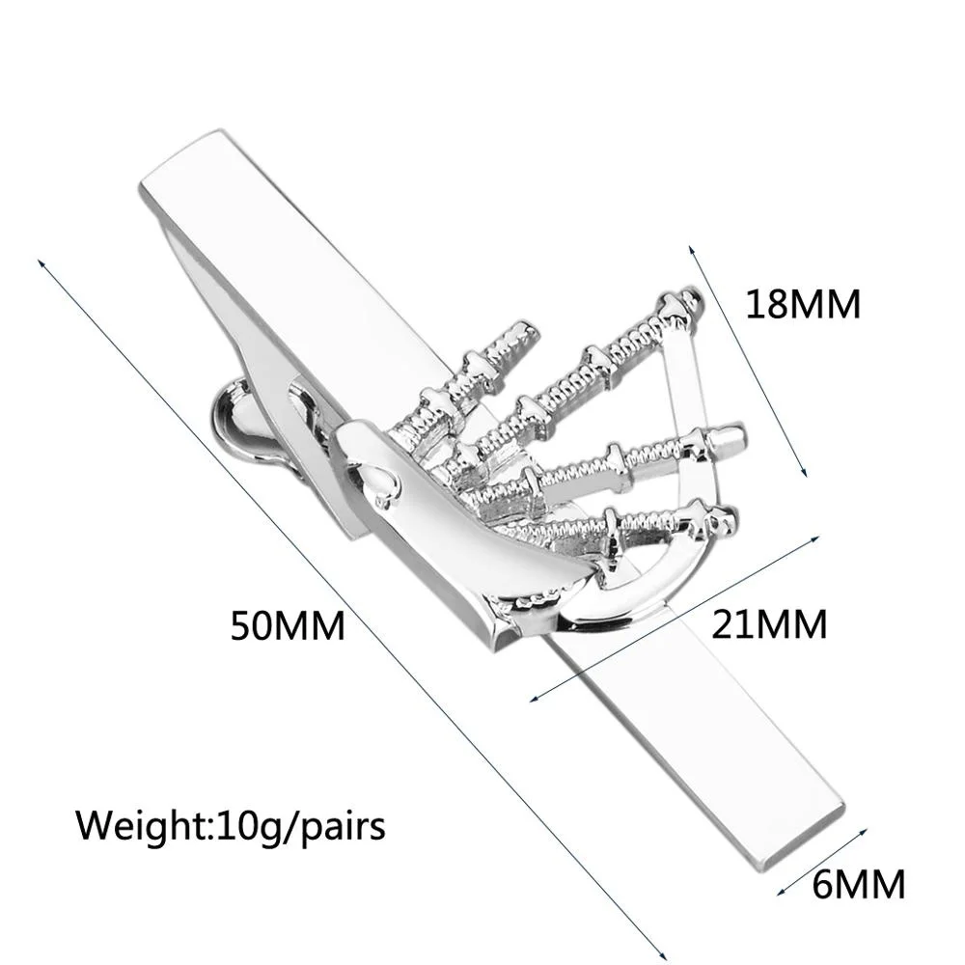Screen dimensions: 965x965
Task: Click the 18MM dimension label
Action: coord(802,305)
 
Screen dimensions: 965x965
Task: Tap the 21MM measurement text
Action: coord(769,624)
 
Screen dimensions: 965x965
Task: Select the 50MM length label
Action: coord(287,626)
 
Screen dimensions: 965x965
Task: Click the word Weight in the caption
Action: coord(141,826)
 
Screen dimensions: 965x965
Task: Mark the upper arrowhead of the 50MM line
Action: coord(40,262)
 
